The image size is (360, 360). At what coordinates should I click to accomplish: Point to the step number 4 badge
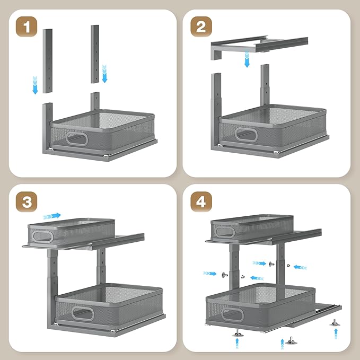tap(201, 201)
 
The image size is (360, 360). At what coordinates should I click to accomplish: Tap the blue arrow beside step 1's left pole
tap(35, 85)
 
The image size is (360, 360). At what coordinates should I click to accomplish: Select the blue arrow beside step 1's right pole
tap(104, 73)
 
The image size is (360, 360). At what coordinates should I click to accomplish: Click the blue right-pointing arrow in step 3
tap(52, 216)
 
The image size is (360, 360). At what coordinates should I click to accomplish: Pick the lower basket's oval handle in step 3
tap(83, 313)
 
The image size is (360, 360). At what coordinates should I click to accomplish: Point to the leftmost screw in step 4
tap(223, 274)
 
